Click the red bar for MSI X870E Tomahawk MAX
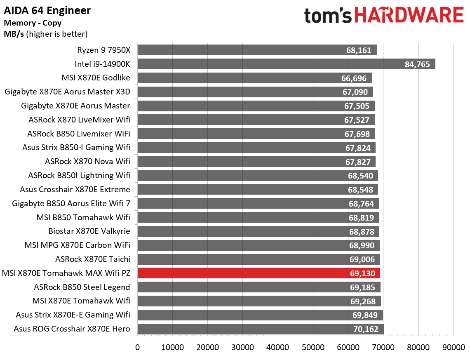258,273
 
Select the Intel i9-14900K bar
286,64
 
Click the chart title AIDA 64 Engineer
47,10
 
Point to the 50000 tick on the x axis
313,348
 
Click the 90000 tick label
454,348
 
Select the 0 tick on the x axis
137,348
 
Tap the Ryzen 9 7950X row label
103,50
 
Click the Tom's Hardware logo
384,16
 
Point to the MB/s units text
14,34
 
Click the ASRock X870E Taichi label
93,259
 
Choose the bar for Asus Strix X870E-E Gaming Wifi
260,315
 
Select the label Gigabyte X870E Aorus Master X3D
68,92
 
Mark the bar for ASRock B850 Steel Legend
258,287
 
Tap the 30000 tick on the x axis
243,348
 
